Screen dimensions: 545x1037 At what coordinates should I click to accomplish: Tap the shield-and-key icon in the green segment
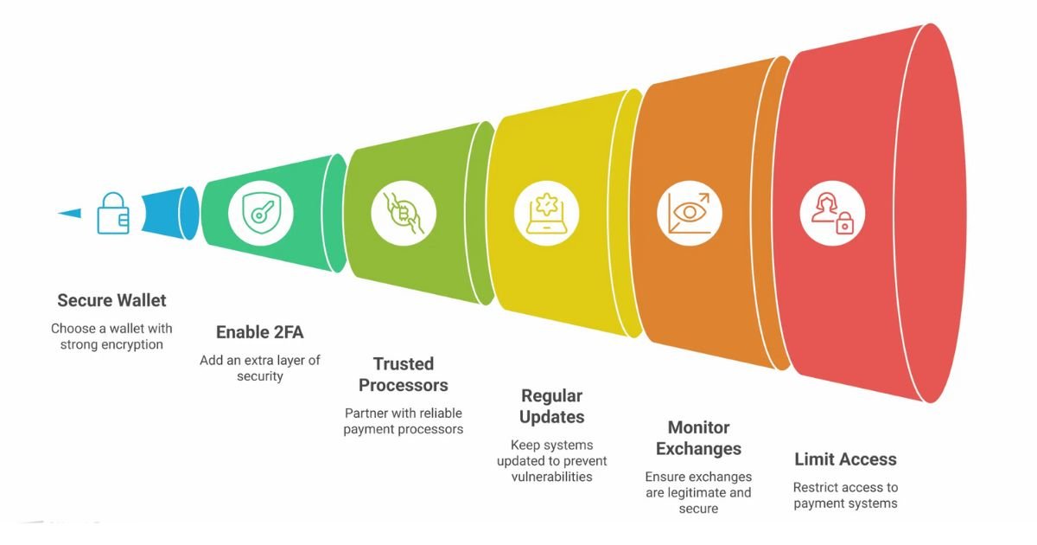pyautogui.click(x=260, y=213)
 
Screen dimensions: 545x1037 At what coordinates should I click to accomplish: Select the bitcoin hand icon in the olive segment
pyautogui.click(x=404, y=213)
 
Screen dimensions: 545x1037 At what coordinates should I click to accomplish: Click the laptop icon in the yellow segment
pyautogui.click(x=547, y=213)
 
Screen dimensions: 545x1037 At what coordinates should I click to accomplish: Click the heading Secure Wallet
pyautogui.click(x=111, y=301)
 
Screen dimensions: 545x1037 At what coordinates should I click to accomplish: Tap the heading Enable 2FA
pyautogui.click(x=259, y=332)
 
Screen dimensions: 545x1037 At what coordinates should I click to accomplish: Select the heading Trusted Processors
pyautogui.click(x=404, y=375)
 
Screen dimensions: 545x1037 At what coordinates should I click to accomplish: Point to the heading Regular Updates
pyautogui.click(x=551, y=407)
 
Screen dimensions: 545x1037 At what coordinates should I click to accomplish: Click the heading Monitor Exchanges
pyautogui.click(x=698, y=439)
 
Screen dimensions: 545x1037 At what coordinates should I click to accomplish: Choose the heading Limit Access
pyautogui.click(x=845, y=459)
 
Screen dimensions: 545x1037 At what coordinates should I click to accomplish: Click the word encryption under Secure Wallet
pyautogui.click(x=131, y=344)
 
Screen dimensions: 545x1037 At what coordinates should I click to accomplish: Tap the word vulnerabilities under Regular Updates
pyautogui.click(x=551, y=477)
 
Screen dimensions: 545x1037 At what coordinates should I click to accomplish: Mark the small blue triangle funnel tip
pyautogui.click(x=71, y=213)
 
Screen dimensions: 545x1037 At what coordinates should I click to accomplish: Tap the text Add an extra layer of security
pyautogui.click(x=259, y=368)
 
